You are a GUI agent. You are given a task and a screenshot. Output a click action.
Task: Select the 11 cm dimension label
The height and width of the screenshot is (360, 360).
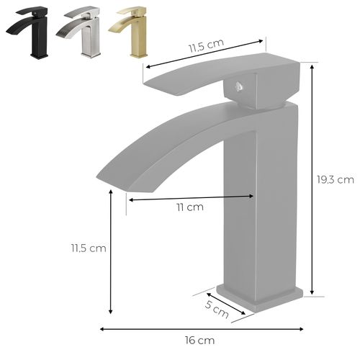coord(190,208)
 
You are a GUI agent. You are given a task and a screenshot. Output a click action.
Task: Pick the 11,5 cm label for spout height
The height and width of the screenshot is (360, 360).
coord(88,248)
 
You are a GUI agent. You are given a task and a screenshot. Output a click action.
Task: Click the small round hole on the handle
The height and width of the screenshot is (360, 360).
coord(238,89)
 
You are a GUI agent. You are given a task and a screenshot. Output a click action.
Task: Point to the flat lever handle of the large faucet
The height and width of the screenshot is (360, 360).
coord(216,79)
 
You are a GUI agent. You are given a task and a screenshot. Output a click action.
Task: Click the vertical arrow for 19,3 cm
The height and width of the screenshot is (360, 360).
coord(312,179)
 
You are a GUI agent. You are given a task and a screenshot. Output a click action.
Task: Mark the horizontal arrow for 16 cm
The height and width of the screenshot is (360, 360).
coord(202,328)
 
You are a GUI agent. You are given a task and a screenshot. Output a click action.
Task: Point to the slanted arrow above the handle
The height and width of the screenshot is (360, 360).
coord(204,54)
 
